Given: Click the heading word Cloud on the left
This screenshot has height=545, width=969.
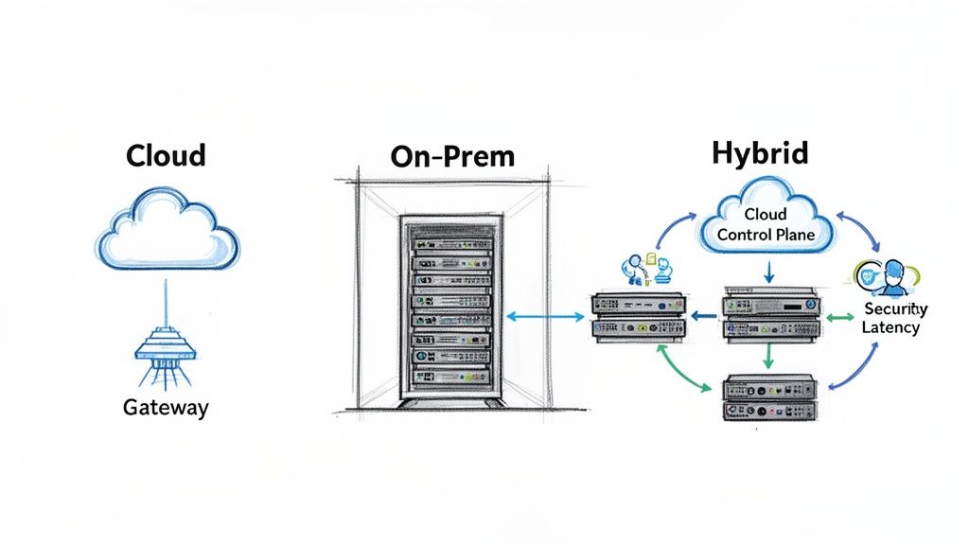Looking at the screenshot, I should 166,156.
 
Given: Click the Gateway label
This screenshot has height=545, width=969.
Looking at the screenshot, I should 166,409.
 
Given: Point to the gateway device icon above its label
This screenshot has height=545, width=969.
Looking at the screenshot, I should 166,350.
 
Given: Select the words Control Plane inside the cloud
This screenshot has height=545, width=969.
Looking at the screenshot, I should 766,234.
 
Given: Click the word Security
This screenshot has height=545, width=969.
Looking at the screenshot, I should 896,309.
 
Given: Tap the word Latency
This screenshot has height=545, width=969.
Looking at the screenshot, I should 890,327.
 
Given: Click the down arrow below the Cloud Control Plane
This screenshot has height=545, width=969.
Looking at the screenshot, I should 768,272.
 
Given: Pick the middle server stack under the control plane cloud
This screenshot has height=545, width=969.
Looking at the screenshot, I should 767,316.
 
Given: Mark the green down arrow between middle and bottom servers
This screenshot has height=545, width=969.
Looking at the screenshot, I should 768,355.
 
